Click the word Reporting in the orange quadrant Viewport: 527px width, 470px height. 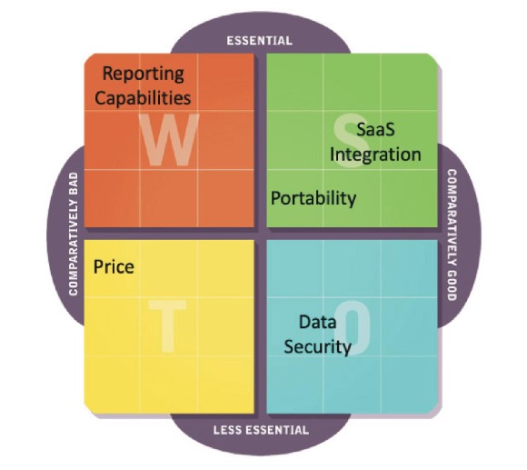(144, 74)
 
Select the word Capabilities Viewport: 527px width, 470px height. (143, 97)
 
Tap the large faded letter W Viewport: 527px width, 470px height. (169, 139)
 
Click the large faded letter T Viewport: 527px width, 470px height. (167, 325)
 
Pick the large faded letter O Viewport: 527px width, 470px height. (353, 327)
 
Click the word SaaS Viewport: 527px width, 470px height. (375, 129)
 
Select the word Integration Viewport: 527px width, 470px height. (375, 155)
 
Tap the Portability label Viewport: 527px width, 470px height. (313, 198)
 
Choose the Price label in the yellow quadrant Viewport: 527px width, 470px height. (114, 267)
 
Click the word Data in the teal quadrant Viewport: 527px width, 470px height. (318, 322)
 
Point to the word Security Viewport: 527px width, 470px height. (318, 347)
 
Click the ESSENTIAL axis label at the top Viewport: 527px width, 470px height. (260, 41)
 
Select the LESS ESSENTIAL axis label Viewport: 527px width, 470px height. (261, 430)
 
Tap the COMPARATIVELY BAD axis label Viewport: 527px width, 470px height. (74, 235)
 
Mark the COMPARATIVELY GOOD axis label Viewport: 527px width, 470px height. (452, 235)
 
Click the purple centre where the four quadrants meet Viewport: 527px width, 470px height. (261, 234)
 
